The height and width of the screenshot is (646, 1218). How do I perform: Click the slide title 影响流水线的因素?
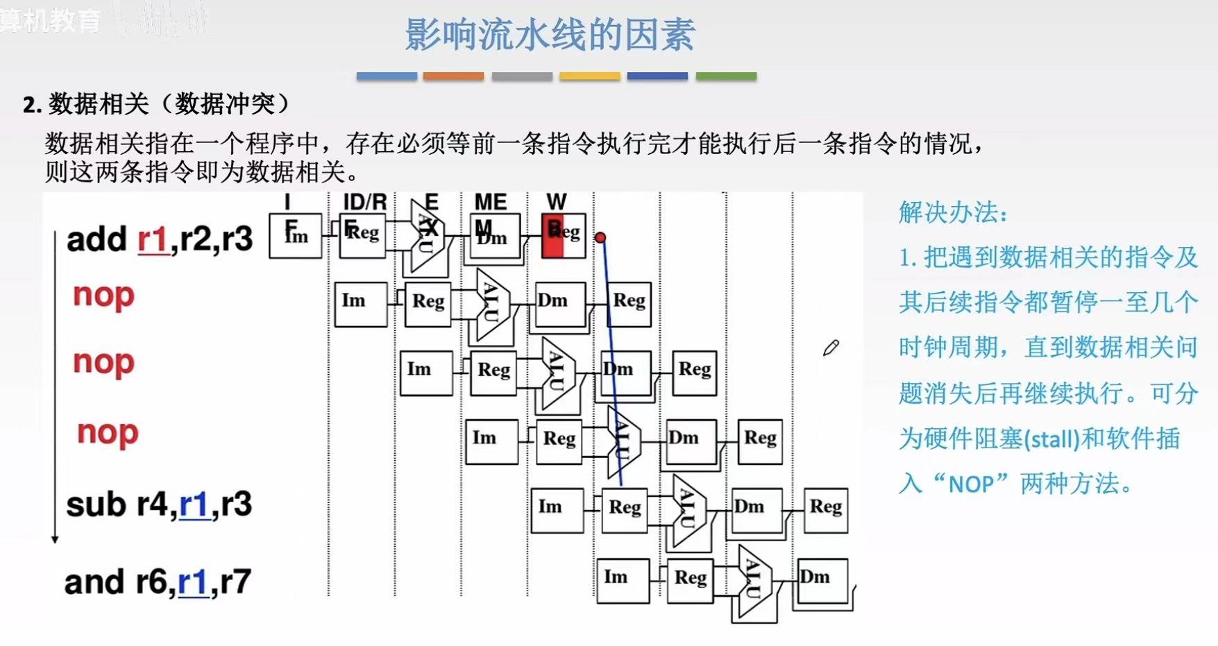click(x=550, y=35)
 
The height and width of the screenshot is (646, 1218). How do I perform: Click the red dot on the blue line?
click(x=600, y=238)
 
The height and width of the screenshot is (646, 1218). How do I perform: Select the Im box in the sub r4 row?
click(x=557, y=510)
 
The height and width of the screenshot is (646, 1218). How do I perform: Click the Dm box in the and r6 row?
click(x=822, y=580)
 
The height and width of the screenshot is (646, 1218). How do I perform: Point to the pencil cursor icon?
click(x=831, y=348)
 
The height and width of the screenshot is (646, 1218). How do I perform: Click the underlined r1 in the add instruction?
click(x=153, y=239)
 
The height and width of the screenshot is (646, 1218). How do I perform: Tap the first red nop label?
click(x=103, y=296)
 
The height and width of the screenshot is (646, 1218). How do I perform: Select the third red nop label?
click(x=108, y=432)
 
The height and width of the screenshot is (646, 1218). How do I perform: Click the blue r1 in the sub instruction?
click(x=194, y=505)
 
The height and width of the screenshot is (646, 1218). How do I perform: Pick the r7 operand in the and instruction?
click(x=234, y=581)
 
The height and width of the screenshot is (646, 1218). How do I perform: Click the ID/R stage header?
click(x=364, y=202)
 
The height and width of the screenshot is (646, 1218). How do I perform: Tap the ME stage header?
click(x=491, y=202)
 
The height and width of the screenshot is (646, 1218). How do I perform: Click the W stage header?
click(x=557, y=202)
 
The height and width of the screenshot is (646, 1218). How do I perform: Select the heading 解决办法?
click(x=952, y=212)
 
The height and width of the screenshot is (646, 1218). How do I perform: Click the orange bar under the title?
click(x=453, y=76)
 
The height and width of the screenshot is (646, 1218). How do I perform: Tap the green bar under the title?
click(x=726, y=76)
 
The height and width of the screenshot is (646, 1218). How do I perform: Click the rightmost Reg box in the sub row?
click(x=825, y=510)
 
